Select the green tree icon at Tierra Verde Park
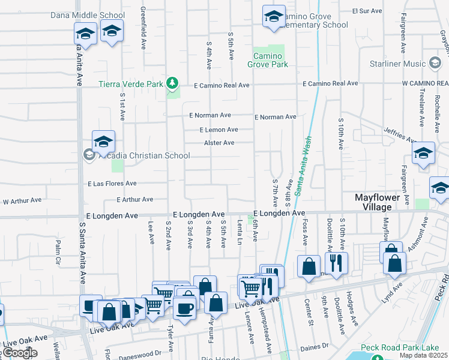coord(172,82)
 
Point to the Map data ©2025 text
coord(423,355)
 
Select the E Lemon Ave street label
coord(219,129)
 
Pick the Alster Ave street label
coord(219,143)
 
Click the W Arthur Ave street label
coord(22,202)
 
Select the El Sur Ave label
coord(367,11)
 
